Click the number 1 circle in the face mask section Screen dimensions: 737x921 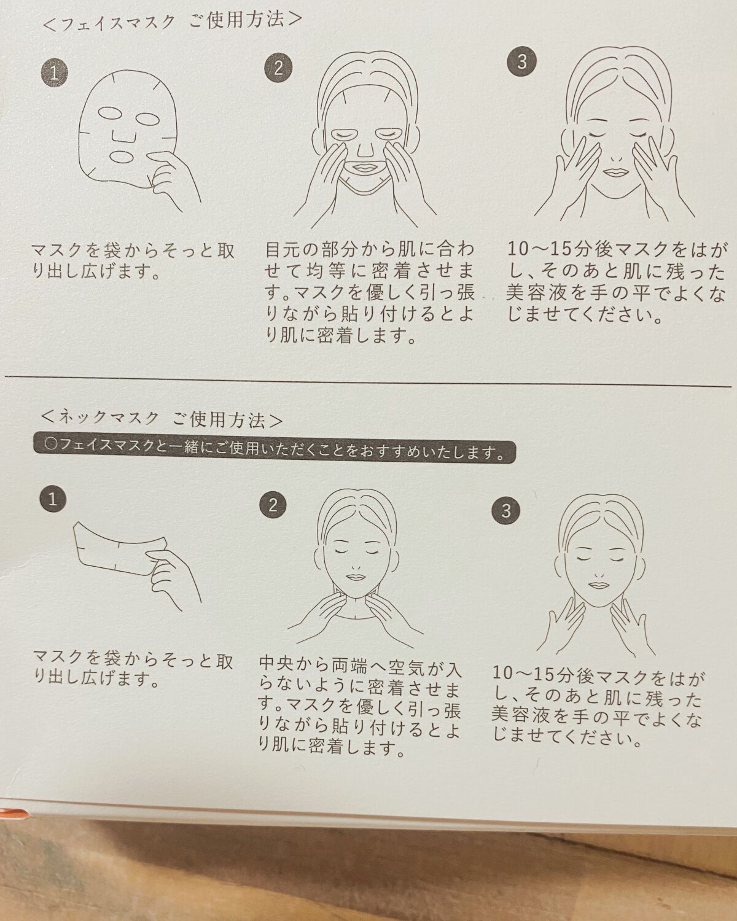coord(55,73)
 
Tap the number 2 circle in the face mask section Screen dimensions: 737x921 coord(278,67)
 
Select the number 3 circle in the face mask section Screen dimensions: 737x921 coord(521,62)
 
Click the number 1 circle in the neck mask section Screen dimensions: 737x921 coord(53,499)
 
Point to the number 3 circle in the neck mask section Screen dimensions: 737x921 coord(506,510)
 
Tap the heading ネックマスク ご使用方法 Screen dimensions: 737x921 coord(162,419)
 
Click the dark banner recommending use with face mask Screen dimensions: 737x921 coord(274,452)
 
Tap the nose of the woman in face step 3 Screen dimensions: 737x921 coord(616,158)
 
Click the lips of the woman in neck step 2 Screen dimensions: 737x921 coord(355,577)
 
